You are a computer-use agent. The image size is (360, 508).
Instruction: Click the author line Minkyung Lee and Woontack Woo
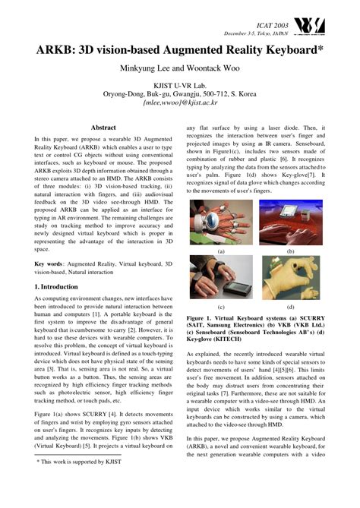179,69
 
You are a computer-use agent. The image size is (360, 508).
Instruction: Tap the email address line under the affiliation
179,101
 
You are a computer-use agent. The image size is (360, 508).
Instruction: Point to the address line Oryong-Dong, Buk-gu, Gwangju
179,93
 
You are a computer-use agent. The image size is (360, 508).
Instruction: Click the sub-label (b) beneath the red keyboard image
290,251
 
